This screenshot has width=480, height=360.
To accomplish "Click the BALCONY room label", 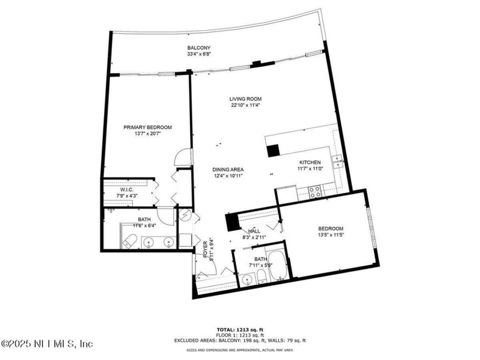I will click(x=199, y=47).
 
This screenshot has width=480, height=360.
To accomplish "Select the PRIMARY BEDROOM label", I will click(x=147, y=127).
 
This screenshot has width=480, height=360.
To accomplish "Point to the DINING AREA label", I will click(x=229, y=170).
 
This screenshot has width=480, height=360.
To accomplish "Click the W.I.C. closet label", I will click(x=127, y=190).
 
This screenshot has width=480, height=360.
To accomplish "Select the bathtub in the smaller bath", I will click(x=278, y=265).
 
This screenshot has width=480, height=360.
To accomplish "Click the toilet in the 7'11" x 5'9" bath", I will click(x=261, y=277).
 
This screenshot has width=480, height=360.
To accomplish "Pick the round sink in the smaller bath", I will click(x=246, y=280).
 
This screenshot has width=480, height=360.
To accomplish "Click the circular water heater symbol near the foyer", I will click(x=186, y=215).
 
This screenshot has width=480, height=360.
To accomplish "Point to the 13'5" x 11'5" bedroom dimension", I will click(x=331, y=235).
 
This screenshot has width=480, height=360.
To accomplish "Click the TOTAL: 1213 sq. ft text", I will click(x=240, y=330).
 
